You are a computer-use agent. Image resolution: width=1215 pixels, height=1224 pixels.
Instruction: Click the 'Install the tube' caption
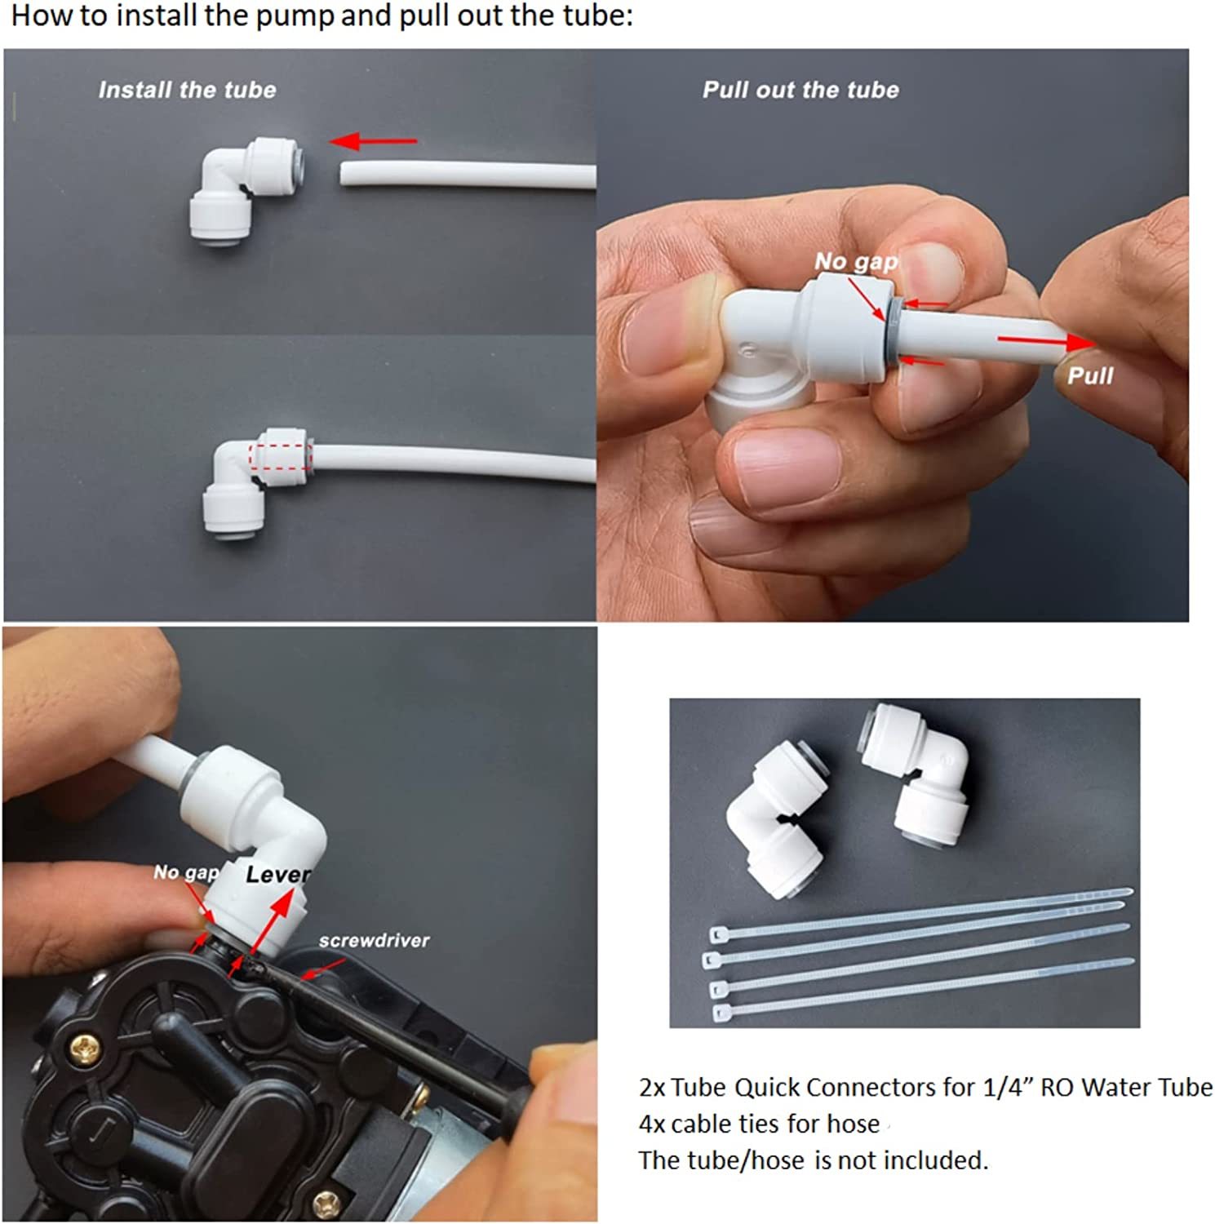pos(187,90)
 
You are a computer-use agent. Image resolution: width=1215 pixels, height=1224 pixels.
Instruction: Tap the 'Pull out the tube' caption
pos(800,90)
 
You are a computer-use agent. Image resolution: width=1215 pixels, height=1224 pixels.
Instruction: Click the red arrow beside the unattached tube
pos(373,141)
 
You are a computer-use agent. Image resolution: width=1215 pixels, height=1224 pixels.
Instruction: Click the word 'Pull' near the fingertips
pos(1090,375)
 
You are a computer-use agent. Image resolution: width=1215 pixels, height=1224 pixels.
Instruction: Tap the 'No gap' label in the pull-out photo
pos(856,261)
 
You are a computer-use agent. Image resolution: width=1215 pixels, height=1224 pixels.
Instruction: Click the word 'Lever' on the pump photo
pos(278,875)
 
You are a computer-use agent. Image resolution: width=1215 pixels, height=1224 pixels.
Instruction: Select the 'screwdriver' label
pos(374,941)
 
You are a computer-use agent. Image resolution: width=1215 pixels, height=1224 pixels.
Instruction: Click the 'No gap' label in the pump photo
pos(186,872)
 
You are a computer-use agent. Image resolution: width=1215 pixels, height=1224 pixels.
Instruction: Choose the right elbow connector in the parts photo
pos(914,771)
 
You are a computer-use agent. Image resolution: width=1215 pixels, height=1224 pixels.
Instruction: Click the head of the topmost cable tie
pos(718,934)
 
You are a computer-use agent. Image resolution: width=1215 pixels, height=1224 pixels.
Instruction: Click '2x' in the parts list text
pos(652,1088)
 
